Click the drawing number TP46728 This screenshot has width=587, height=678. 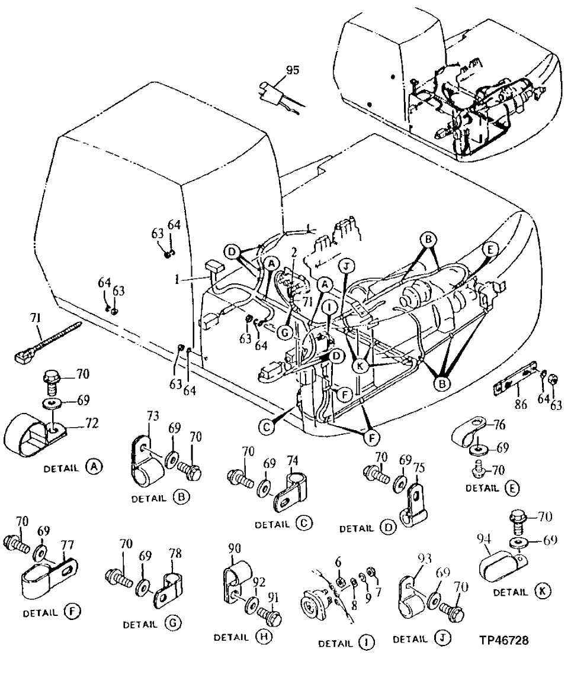504,640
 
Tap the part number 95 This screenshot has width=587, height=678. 292,70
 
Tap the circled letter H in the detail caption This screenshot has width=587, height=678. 262,638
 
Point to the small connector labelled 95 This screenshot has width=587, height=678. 270,93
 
